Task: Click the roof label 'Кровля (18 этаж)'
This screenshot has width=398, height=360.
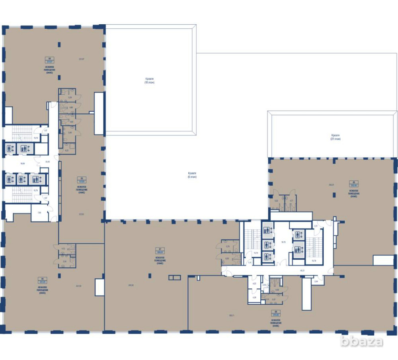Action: pyautogui.click(x=149, y=80)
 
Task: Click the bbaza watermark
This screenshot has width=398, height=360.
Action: pyautogui.click(x=361, y=341)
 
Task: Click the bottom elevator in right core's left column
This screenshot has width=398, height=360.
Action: pyautogui.click(x=266, y=256)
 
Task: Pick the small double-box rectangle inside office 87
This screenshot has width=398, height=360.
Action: pyautogui.click(x=174, y=277)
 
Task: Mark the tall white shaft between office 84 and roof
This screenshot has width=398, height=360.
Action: pyautogui.click(x=99, y=113)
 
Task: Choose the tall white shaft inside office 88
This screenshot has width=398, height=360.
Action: pyautogui.click(x=306, y=294)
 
